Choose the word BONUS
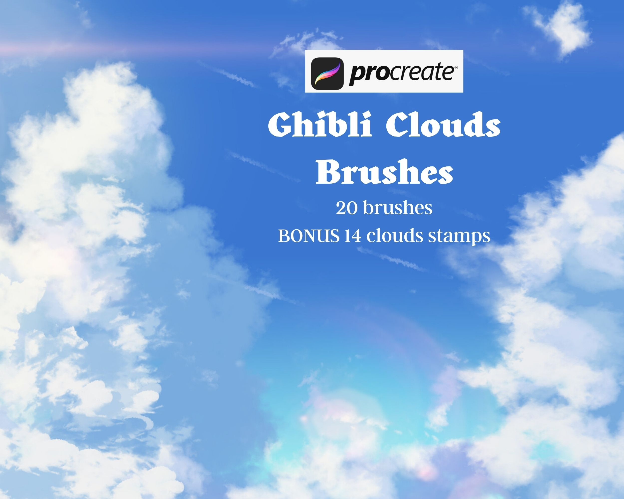coord(309,236)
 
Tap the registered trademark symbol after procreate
coord(456,67)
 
